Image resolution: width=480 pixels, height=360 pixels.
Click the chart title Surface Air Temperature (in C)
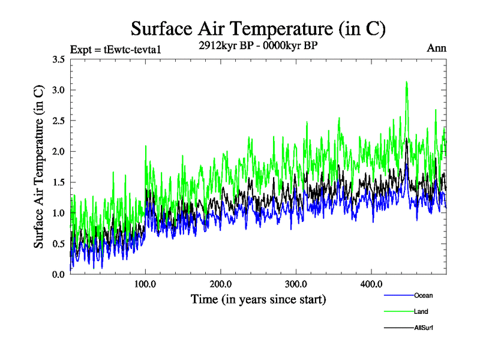pyautogui.click(x=258, y=28)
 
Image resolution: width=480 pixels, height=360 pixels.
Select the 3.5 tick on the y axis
pyautogui.click(x=59, y=59)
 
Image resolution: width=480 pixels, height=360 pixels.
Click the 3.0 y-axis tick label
pyautogui.click(x=59, y=90)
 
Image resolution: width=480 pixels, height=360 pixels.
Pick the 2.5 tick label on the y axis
pyautogui.click(x=59, y=121)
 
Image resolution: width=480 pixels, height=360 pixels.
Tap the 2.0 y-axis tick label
pyautogui.click(x=59, y=151)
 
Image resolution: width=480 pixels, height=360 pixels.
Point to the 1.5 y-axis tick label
pyautogui.click(x=59, y=182)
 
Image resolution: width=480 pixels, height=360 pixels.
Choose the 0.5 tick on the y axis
pyautogui.click(x=59, y=244)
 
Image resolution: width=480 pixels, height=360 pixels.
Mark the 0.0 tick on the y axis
pyautogui.click(x=59, y=274)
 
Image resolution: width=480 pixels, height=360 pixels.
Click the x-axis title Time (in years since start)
pyautogui.click(x=258, y=299)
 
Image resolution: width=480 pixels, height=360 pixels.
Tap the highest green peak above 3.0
pyautogui.click(x=407, y=82)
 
